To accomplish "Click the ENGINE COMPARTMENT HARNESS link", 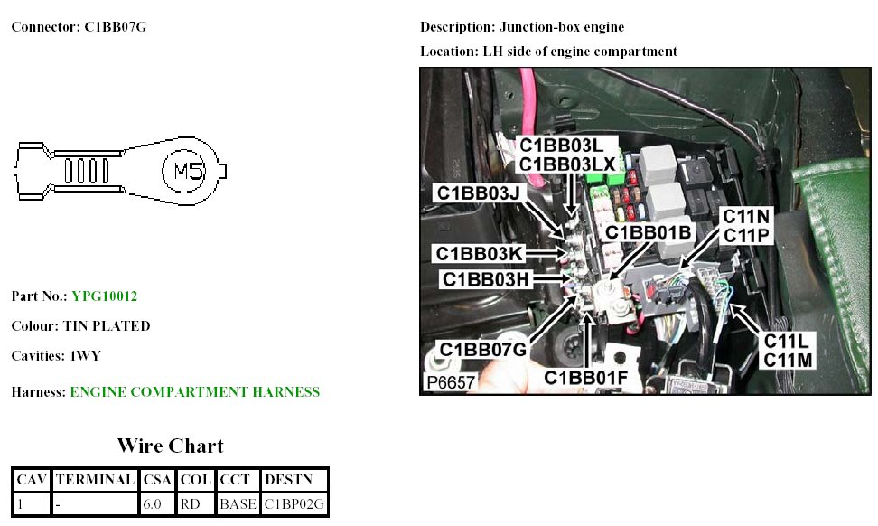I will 194,391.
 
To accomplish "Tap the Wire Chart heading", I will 170,446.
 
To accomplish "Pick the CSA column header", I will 157,479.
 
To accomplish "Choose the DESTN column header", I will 285,479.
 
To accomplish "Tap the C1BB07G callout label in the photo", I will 482,348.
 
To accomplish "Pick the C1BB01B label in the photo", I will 649,233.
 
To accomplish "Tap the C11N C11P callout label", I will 746,226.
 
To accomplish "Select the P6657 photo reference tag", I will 451,382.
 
